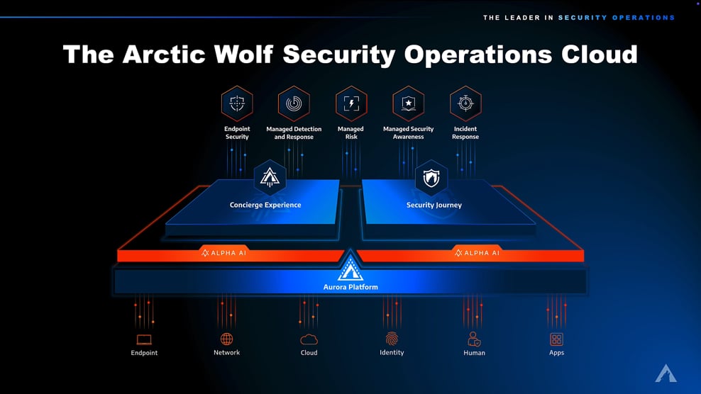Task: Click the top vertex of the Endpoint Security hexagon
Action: (x=237, y=86)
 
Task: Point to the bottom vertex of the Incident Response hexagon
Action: (x=465, y=121)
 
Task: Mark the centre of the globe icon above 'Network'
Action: (x=226, y=339)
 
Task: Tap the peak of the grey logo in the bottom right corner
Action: (x=666, y=365)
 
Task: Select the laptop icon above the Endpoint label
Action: (x=144, y=340)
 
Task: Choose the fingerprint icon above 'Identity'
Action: (x=392, y=339)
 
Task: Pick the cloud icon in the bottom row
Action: (x=309, y=340)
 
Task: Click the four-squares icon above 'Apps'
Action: (x=556, y=339)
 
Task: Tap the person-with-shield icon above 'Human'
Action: (x=474, y=339)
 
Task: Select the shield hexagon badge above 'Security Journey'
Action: (x=431, y=178)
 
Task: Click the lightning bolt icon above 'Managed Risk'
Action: (x=351, y=103)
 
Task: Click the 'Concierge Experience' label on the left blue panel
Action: (x=265, y=205)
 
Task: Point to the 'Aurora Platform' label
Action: (x=350, y=287)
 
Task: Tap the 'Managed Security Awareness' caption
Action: (x=408, y=133)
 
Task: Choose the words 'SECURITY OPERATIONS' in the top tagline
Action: (x=617, y=18)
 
